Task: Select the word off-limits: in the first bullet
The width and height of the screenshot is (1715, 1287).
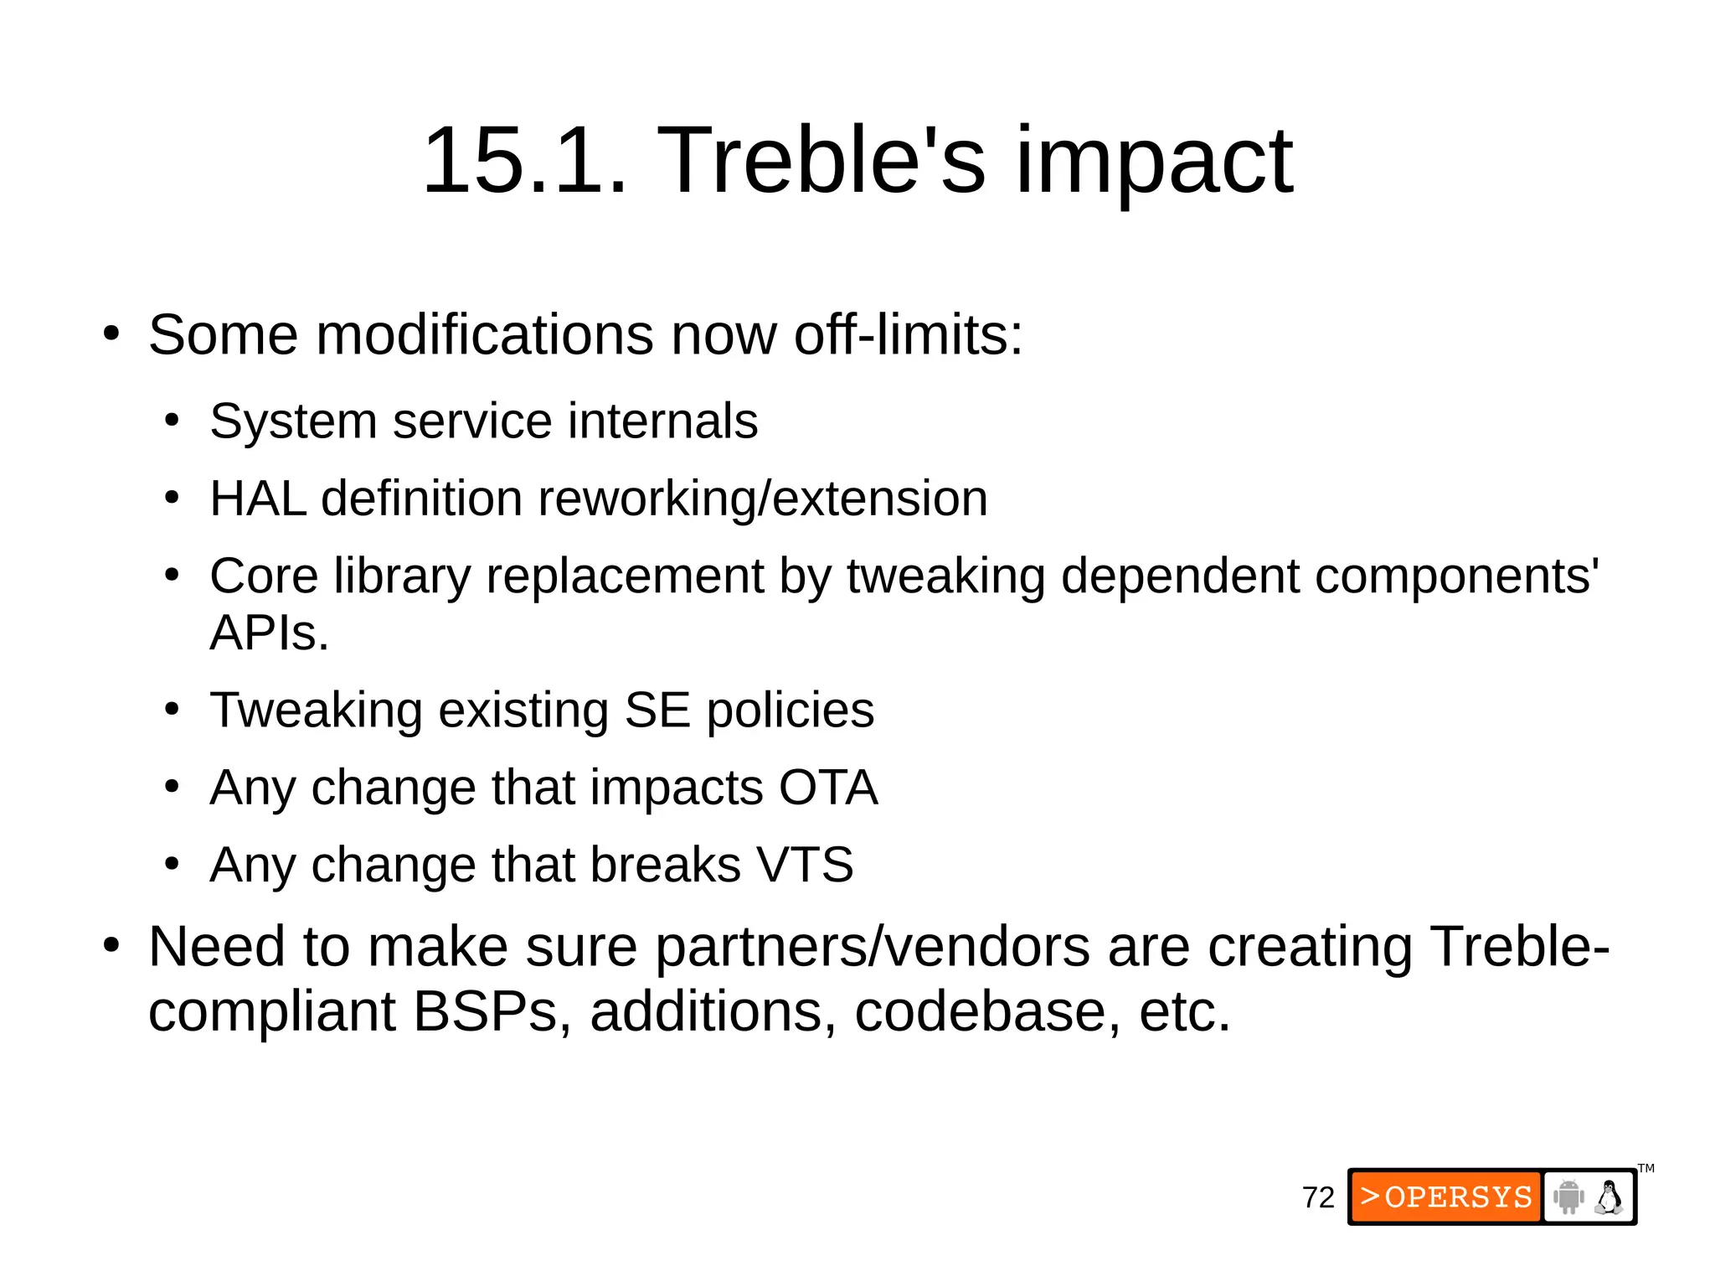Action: coord(908,335)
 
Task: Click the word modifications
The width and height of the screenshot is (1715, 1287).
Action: coord(485,335)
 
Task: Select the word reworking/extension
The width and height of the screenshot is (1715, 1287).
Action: coord(762,499)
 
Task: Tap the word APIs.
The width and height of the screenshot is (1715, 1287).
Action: coord(269,633)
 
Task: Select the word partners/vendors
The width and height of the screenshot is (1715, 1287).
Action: coord(872,947)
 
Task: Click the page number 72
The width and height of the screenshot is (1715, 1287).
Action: coord(1318,1198)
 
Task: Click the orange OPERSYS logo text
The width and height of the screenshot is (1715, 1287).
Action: coord(1446,1197)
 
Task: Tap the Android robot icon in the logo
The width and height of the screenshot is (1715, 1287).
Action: coord(1568,1197)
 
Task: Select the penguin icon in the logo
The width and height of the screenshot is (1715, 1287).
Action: coord(1609,1197)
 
